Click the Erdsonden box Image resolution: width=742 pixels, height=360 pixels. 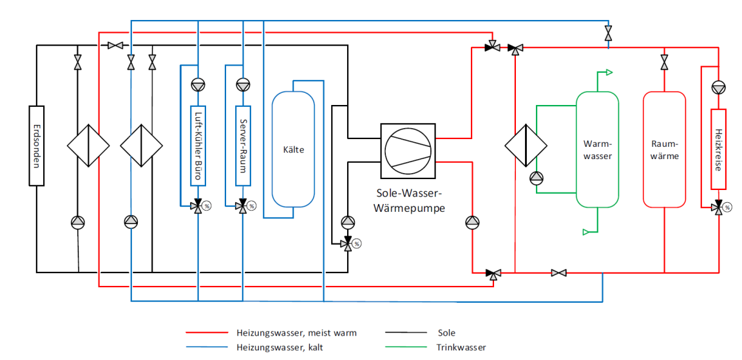coord(37,146)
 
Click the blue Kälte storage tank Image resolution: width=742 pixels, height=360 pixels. coord(294,149)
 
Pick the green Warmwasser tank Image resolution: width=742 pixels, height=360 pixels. coord(598,149)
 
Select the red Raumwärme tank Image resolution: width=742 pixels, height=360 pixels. coord(665,149)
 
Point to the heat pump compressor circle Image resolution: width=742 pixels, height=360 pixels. coord(408,151)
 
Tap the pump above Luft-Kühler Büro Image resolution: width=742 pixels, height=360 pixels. coord(198,85)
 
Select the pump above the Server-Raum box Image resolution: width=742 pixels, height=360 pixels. coord(243,85)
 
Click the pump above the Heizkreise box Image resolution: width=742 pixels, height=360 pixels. coord(718,88)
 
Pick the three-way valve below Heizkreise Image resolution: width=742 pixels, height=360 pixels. coord(718,207)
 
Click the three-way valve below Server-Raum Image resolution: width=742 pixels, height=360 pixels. coord(243,206)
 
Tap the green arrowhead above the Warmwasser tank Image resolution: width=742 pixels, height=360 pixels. coord(609,72)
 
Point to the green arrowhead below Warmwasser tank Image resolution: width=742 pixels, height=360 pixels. coord(586,232)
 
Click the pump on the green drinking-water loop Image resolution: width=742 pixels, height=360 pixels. coord(537,178)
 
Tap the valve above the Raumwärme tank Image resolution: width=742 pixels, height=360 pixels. coord(665,61)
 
